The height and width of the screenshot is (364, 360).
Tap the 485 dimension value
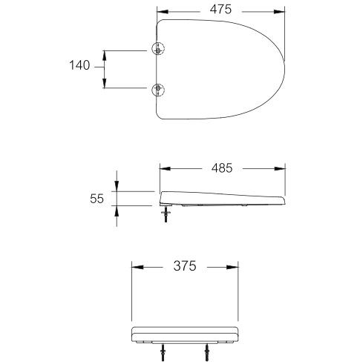click(221, 168)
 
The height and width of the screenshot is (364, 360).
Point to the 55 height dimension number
click(96, 198)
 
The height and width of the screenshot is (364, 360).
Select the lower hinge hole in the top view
click(157, 90)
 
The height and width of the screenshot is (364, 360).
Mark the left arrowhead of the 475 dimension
click(163, 11)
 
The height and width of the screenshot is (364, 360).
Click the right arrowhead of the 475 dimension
click(282, 11)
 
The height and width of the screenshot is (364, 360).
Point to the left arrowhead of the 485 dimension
click(164, 169)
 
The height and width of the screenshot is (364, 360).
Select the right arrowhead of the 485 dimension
click(282, 169)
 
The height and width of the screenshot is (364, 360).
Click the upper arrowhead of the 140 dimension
click(105, 53)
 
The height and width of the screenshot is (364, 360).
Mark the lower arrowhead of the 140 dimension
click(105, 86)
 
